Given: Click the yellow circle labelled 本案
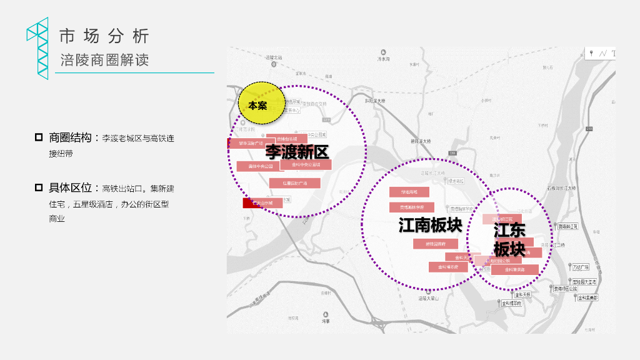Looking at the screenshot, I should pos(261,103).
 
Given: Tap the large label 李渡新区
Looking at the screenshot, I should pos(297,151).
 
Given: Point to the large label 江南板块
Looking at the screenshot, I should pos(430,224).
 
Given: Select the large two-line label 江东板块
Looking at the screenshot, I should pos(509,239).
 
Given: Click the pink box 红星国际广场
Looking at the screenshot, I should pos(294,183).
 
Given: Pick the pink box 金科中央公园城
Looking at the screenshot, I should pos(306,164).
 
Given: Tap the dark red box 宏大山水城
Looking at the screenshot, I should pos(262,203).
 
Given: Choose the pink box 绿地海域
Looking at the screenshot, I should pos(409,192).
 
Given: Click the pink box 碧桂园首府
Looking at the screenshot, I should pos(436,244).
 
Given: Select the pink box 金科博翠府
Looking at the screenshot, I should pos(448,267).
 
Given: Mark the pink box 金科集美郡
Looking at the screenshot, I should pos(514,270).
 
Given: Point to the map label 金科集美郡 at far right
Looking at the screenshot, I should pos(587,298).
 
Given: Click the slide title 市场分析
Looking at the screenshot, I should pos(104,36).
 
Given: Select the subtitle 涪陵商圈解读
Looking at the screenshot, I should pos(104,61).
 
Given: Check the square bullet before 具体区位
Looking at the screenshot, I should pos(39,187).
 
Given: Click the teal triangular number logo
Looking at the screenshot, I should pos(38,48).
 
